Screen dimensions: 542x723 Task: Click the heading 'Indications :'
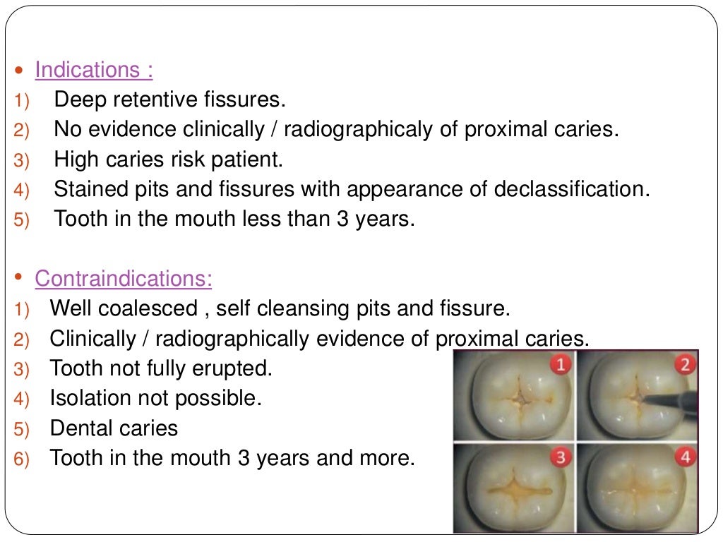[x=94, y=70]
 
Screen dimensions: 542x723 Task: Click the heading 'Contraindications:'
[x=124, y=279]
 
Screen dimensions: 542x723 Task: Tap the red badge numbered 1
[x=561, y=365]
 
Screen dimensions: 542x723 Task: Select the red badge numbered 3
[x=561, y=457]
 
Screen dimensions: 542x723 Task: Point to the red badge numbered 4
[x=684, y=457]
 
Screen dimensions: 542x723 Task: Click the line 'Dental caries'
[x=114, y=428]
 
